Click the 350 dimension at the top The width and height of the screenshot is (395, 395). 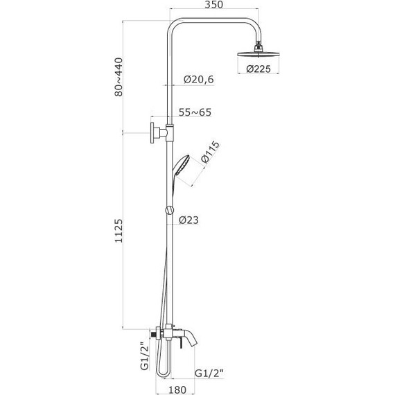[213, 5]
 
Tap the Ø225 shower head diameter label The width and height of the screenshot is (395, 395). [258, 69]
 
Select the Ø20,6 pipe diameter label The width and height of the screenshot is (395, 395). [198, 80]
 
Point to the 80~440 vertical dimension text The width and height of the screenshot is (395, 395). [119, 77]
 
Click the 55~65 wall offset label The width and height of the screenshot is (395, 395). [195, 112]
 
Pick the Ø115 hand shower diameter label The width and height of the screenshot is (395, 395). [210, 152]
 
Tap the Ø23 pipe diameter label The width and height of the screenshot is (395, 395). [188, 220]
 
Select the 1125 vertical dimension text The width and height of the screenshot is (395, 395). [119, 231]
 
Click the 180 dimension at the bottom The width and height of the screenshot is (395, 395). [177, 389]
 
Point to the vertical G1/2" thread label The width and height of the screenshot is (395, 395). [145, 355]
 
